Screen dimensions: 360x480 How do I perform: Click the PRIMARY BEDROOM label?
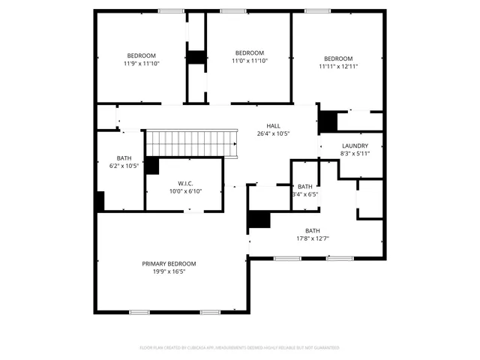[169, 264]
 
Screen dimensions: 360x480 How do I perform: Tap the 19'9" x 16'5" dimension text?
[169, 273]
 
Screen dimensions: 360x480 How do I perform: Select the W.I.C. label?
[186, 183]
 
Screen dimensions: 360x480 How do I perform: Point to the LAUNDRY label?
[355, 145]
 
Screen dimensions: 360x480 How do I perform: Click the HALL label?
[273, 125]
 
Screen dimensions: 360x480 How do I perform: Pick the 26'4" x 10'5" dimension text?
[273, 133]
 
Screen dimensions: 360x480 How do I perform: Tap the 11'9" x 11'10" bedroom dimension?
[141, 64]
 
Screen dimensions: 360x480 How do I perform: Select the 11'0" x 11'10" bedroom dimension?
[249, 61]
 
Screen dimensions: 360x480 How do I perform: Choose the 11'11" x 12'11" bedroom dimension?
[338, 67]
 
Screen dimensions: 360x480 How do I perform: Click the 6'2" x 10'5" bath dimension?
[124, 166]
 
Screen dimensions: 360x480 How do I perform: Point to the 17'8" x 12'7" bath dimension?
[312, 239]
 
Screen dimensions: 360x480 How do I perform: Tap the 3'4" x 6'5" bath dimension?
[305, 195]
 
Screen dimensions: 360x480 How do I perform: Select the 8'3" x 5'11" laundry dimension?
[355, 154]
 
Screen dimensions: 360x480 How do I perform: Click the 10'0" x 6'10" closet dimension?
[186, 191]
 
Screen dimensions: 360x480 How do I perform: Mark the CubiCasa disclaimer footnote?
[239, 348]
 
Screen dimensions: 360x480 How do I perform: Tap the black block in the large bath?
[259, 219]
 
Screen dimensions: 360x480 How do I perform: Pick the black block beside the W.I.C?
[151, 166]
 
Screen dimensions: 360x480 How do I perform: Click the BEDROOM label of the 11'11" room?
[338, 58]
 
